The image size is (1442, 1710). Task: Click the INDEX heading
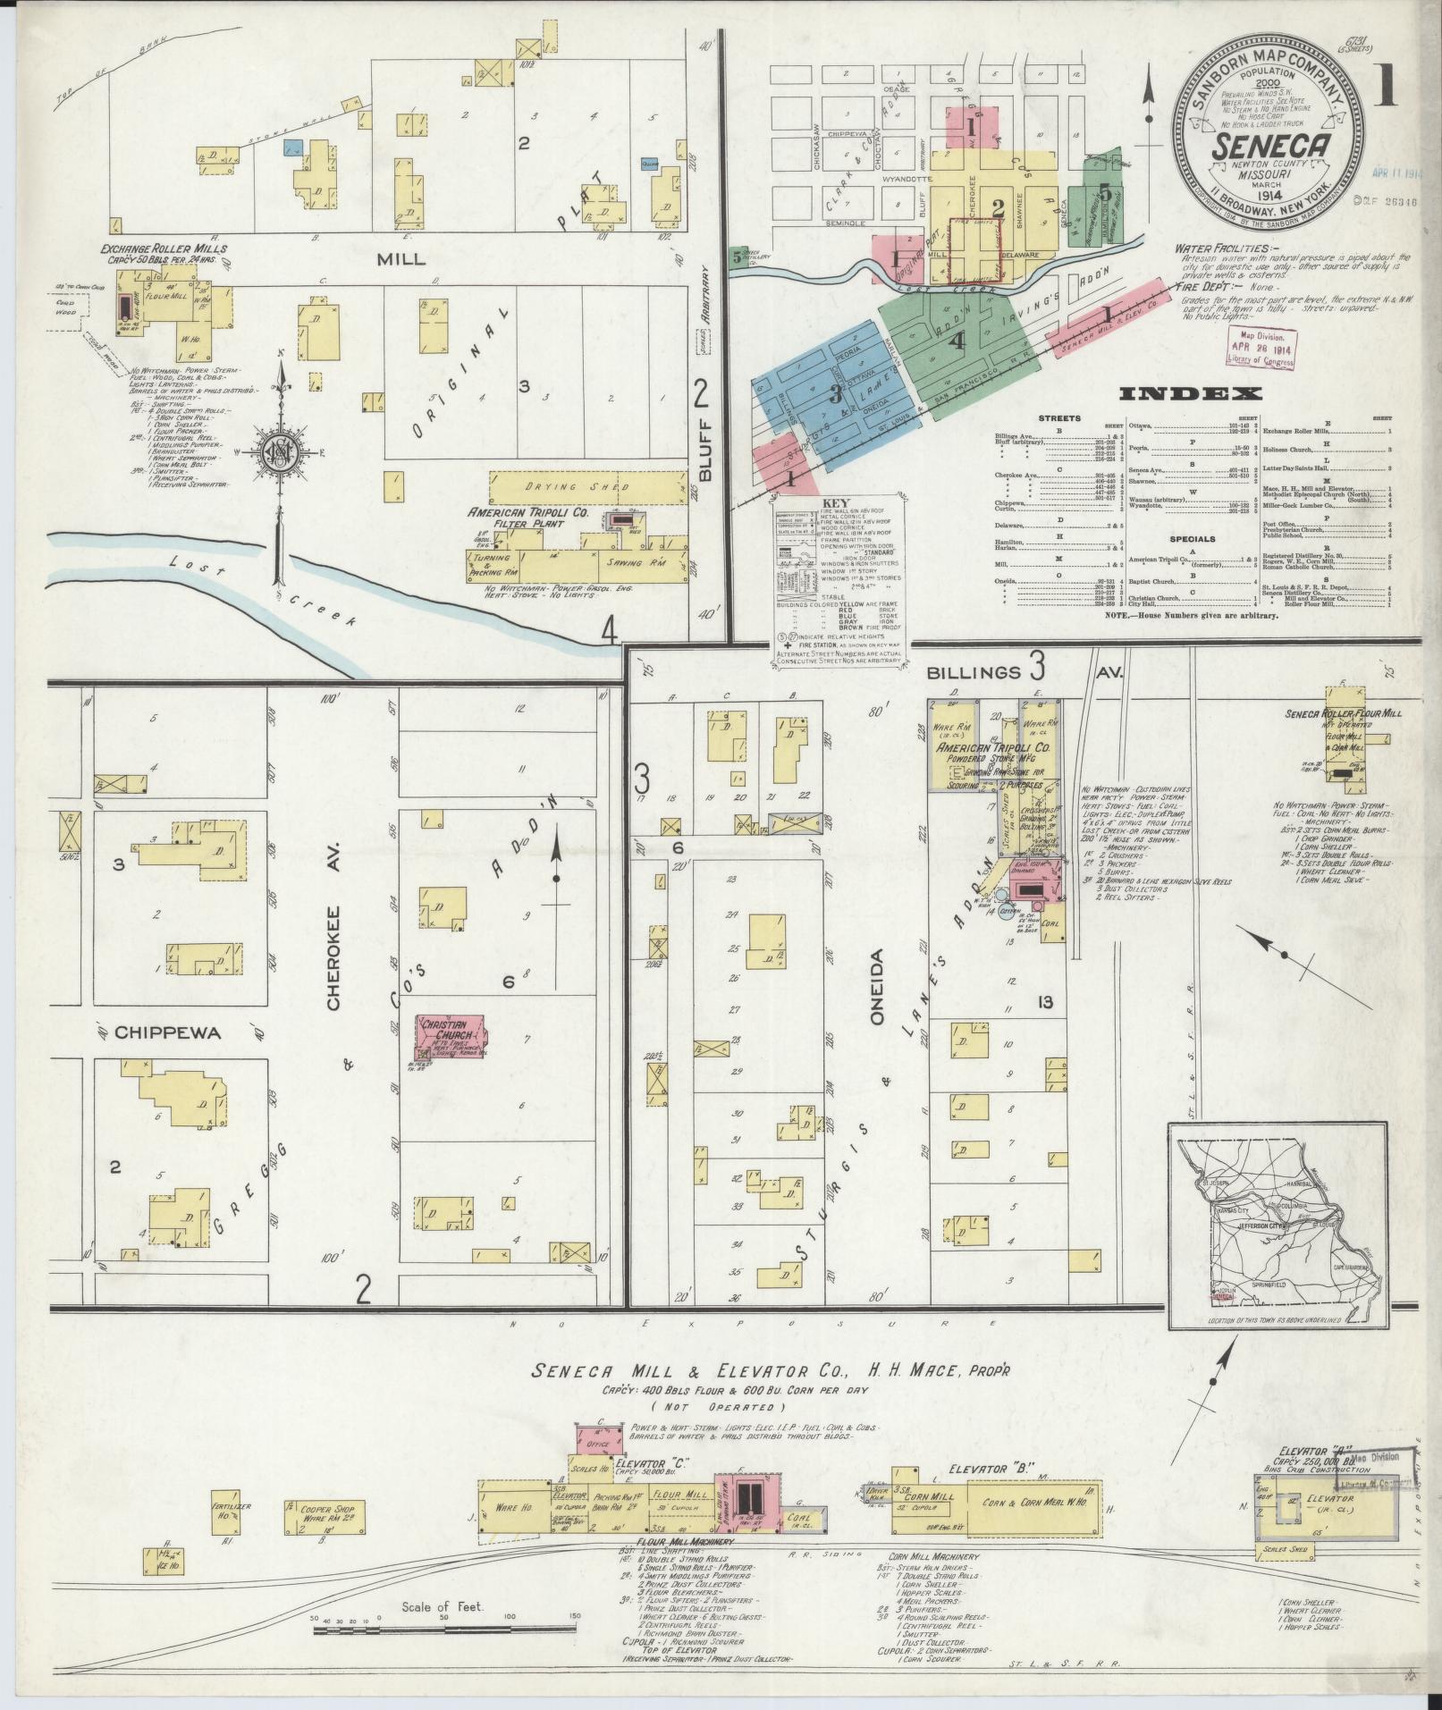point(1190,394)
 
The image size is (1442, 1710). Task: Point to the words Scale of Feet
point(443,1606)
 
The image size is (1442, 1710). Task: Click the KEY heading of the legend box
point(839,502)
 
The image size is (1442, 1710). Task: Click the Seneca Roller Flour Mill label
point(1331,713)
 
